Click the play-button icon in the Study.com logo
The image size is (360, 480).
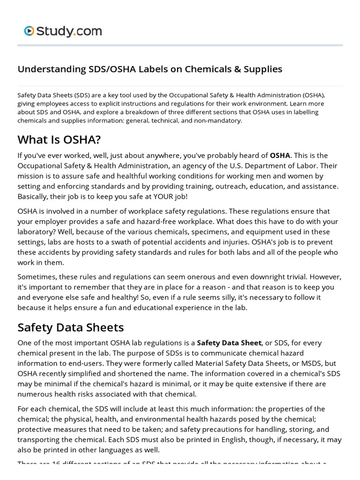[29, 31]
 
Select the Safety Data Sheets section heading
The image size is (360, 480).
[70, 327]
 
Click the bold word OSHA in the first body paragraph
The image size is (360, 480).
[280, 156]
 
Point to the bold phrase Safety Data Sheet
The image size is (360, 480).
[229, 343]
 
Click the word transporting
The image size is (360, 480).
[40, 440]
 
